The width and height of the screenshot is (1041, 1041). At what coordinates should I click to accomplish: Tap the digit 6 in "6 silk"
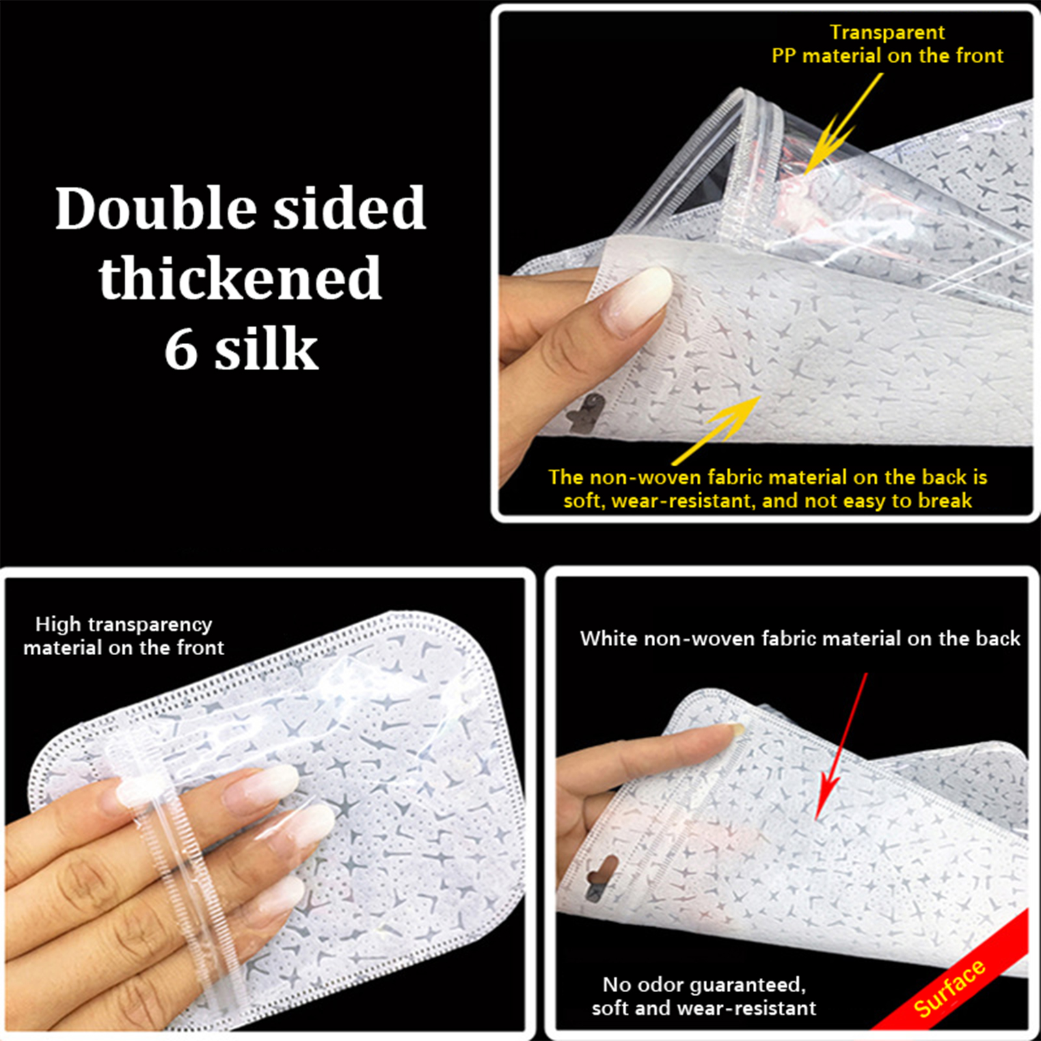coord(181,349)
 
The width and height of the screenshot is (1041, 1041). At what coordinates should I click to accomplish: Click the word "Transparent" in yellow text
coord(887,33)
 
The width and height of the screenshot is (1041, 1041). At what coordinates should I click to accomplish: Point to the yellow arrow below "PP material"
coord(839,127)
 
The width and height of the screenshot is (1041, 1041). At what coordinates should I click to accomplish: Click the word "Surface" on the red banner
coord(949,988)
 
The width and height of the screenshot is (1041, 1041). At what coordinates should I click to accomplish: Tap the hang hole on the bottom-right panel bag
coord(601,877)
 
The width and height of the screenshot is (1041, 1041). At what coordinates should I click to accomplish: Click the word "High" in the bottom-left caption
coord(58,625)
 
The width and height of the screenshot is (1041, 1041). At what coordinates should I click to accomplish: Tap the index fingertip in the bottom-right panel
coord(732,730)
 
